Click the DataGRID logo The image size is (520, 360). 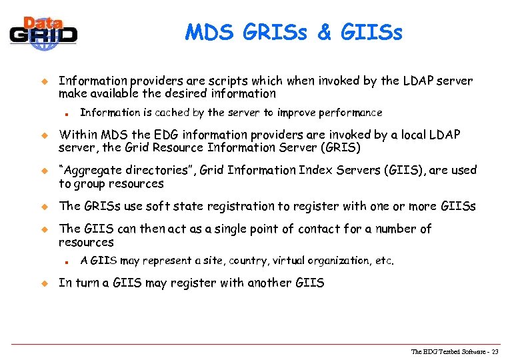[44, 31]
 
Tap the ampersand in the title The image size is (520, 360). [324, 32]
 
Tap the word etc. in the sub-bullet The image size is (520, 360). [385, 261]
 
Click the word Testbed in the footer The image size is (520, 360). [445, 352]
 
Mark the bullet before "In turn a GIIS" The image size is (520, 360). [47, 283]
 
